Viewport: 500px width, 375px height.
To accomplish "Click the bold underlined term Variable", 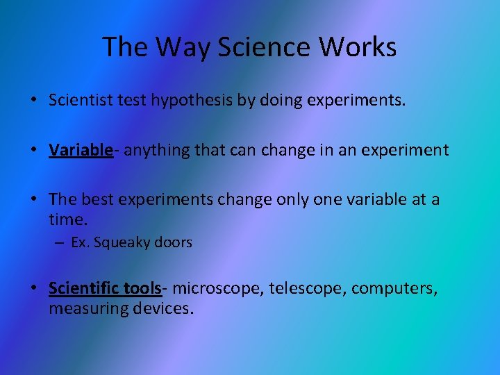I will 81,150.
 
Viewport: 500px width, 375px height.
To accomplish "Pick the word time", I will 68,219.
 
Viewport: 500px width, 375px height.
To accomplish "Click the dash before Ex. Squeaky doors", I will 60,243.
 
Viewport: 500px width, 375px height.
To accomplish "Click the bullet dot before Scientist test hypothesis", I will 33,101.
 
